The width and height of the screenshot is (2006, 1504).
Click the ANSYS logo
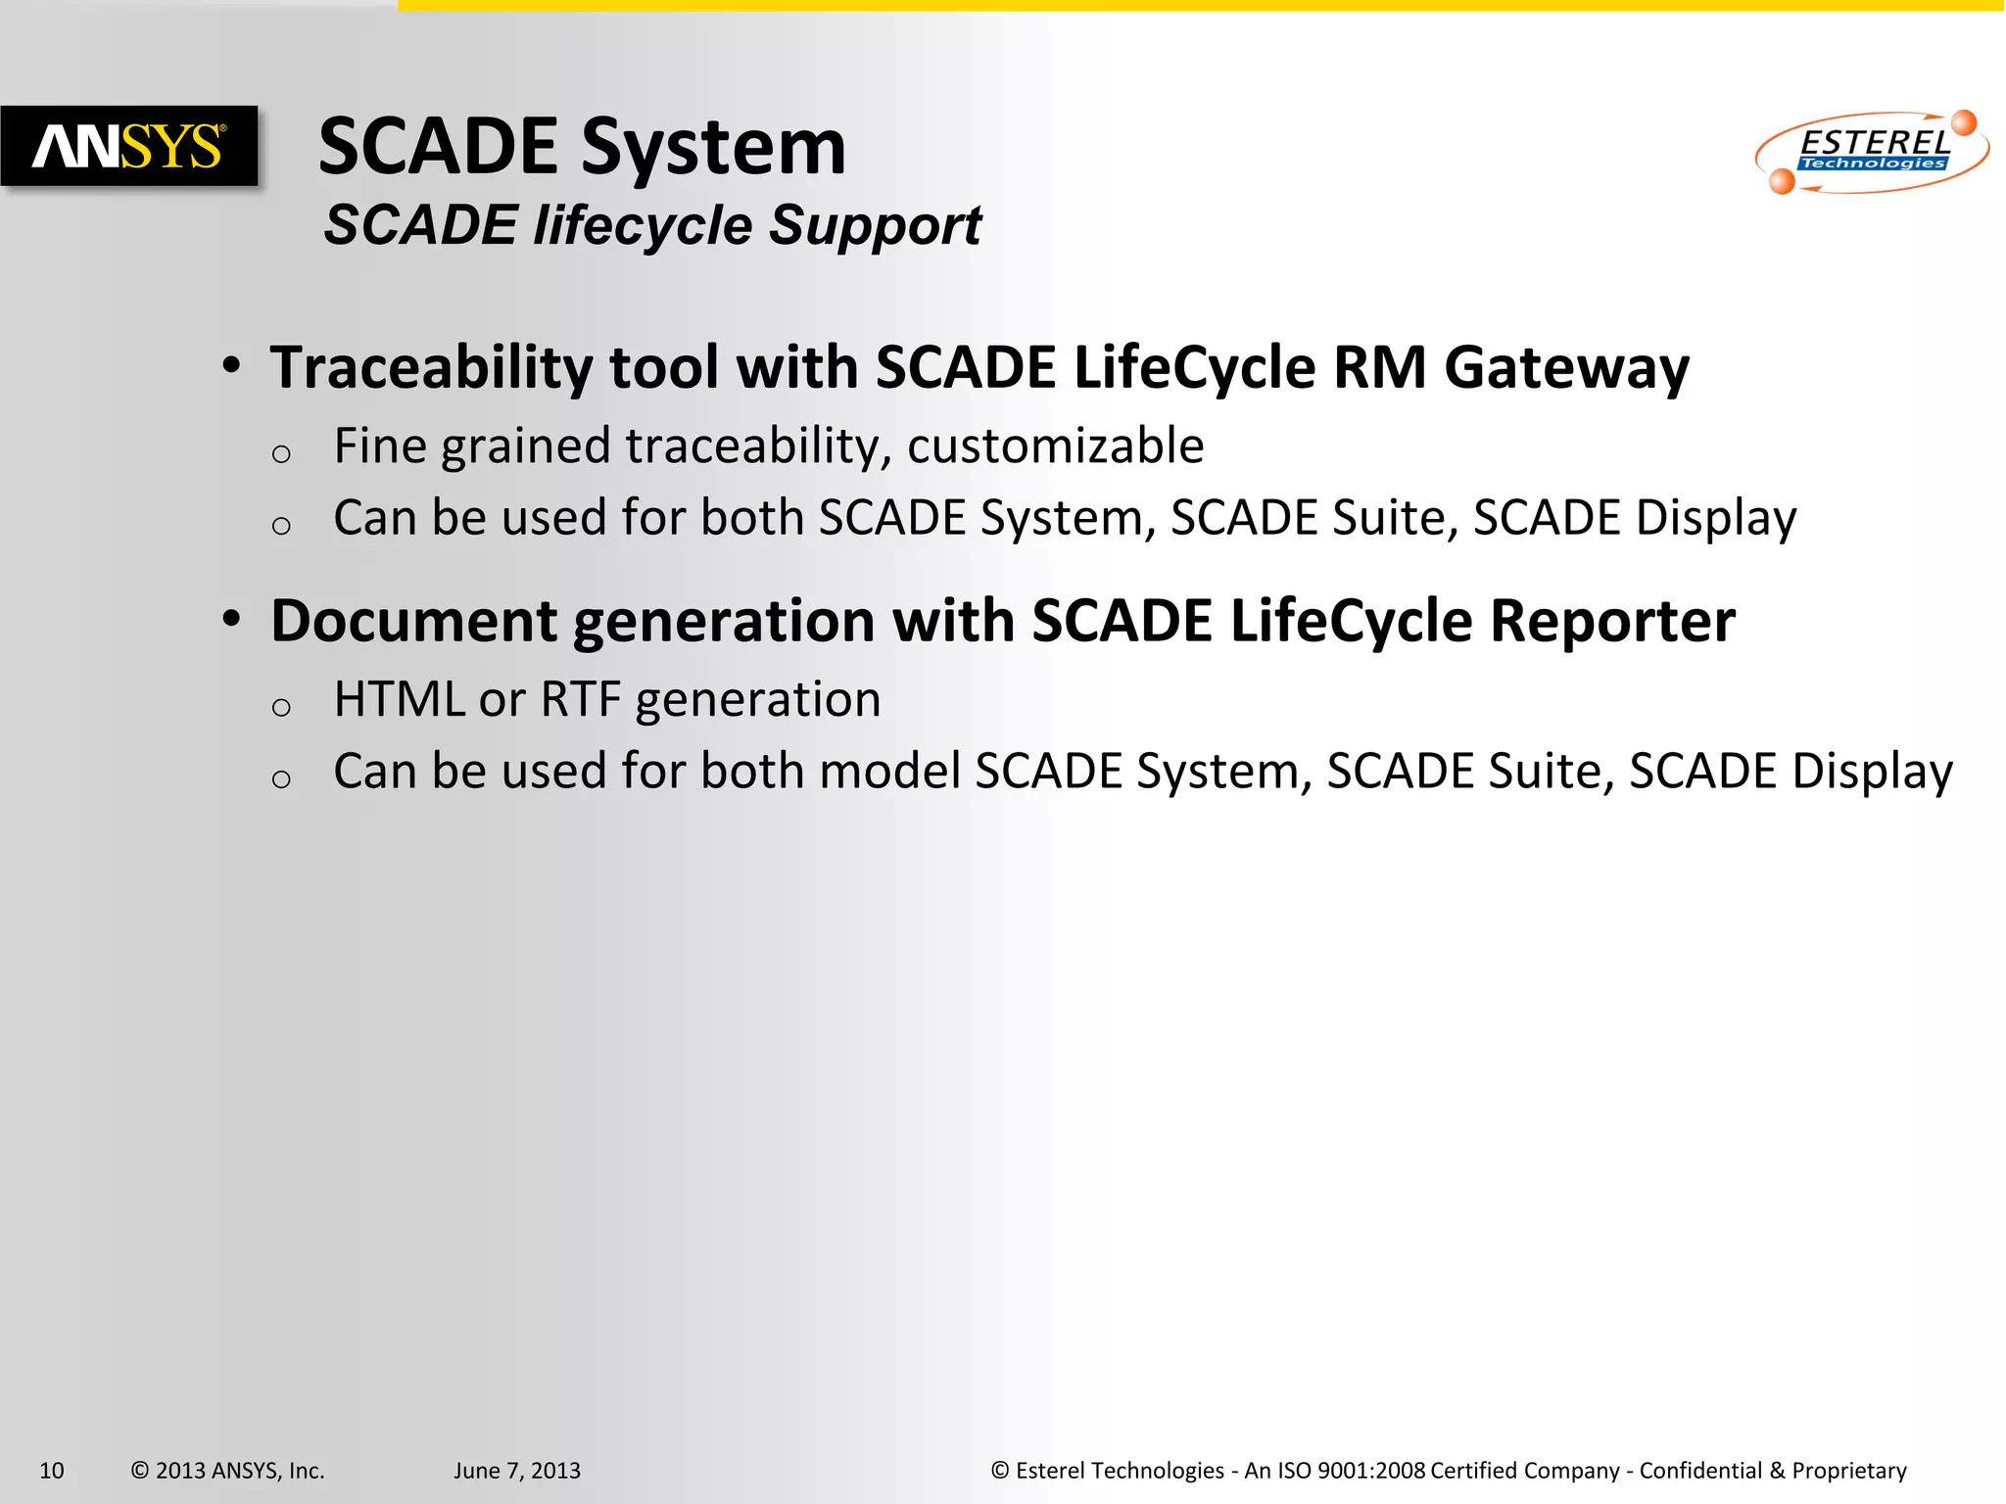pyautogui.click(x=129, y=146)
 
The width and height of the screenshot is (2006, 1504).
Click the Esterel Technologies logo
pyautogui.click(x=1872, y=152)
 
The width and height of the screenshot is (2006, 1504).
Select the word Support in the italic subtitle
pyautogui.click(x=875, y=226)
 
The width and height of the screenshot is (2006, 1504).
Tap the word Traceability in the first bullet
pyautogui.click(x=431, y=368)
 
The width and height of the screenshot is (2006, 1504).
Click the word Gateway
pyautogui.click(x=1566, y=368)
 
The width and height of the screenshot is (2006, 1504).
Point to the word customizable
pyautogui.click(x=1055, y=446)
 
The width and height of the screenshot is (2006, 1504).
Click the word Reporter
pyautogui.click(x=1611, y=622)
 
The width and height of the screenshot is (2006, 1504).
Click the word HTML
pyautogui.click(x=399, y=700)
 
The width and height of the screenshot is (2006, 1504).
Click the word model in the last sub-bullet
pyautogui.click(x=889, y=772)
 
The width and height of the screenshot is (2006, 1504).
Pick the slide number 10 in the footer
pyautogui.click(x=52, y=1471)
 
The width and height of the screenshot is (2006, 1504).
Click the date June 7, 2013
pyautogui.click(x=516, y=1471)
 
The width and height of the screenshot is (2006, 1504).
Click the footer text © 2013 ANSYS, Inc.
pyautogui.click(x=227, y=1471)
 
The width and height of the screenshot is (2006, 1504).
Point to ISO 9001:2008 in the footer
pyautogui.click(x=1351, y=1471)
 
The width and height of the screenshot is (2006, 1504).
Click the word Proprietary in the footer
pyautogui.click(x=1848, y=1471)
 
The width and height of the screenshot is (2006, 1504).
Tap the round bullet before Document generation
pyautogui.click(x=231, y=619)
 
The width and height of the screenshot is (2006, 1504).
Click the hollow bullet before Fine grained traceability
pyautogui.click(x=281, y=453)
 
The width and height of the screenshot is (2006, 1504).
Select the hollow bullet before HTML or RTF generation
pyautogui.click(x=281, y=707)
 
